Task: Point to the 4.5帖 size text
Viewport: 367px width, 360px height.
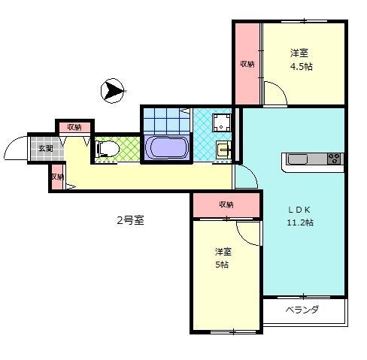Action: pyautogui.click(x=302, y=66)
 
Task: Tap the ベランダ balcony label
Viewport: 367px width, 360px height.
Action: pyautogui.click(x=302, y=310)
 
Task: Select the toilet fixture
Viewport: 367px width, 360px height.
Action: pyautogui.click(x=106, y=150)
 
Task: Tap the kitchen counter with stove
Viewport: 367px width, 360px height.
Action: pyautogui.click(x=312, y=159)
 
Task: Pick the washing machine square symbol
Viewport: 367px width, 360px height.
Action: pyautogui.click(x=222, y=123)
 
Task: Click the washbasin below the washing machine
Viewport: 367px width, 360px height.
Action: pyautogui.click(x=223, y=148)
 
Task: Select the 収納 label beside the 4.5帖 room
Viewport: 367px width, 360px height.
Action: pyautogui.click(x=247, y=64)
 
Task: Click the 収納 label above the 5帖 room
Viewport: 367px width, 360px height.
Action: pyautogui.click(x=226, y=204)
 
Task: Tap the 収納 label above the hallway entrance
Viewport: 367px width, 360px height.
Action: pyautogui.click(x=74, y=126)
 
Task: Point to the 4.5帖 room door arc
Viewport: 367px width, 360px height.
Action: pyautogui.click(x=274, y=95)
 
